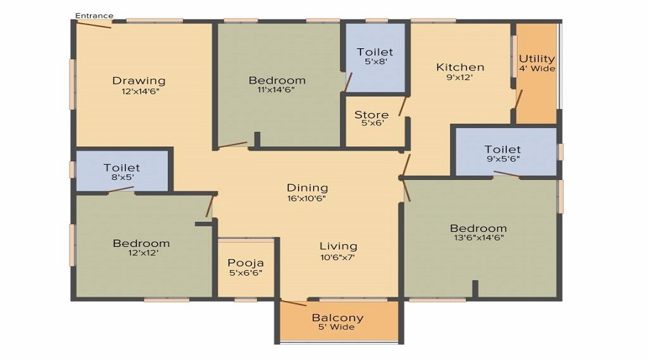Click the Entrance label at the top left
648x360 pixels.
[94, 15]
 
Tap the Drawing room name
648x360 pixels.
[138, 81]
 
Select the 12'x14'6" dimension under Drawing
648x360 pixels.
[138, 91]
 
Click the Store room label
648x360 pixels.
[372, 114]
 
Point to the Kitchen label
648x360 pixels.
[460, 67]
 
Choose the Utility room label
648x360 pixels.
[536, 58]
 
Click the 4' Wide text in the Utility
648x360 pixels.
[537, 69]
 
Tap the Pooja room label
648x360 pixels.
[246, 263]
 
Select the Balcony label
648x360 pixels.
[337, 318]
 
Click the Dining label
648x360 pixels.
[307, 188]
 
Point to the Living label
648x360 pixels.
[338, 246]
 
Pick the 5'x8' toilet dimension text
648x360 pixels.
[375, 62]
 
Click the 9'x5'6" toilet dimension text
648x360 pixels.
[502, 159]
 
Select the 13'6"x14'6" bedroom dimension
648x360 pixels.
[479, 238]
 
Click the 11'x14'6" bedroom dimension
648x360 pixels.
[276, 90]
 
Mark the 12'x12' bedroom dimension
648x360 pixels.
[141, 253]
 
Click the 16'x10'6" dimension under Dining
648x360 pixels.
[307, 198]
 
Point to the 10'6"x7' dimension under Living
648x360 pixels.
[338, 256]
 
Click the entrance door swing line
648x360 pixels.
[94, 24]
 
